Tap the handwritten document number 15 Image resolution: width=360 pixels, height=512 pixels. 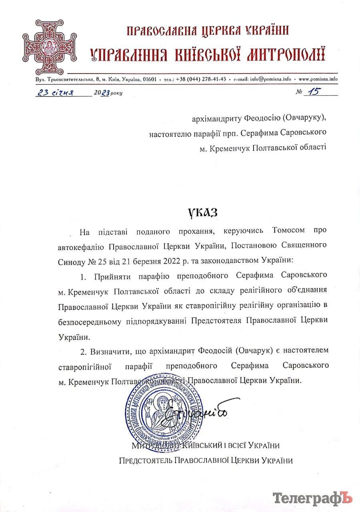tap(313, 92)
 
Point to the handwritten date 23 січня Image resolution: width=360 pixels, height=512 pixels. tap(55, 93)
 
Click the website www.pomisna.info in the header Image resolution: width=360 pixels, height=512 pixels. tap(318, 79)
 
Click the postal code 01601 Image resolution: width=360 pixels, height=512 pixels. tap(149, 79)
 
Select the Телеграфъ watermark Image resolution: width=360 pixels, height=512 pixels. tap(312, 498)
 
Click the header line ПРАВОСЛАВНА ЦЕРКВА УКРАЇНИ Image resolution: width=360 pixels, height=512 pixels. tap(208, 31)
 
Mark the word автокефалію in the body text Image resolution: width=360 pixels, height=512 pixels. tap(81, 246)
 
